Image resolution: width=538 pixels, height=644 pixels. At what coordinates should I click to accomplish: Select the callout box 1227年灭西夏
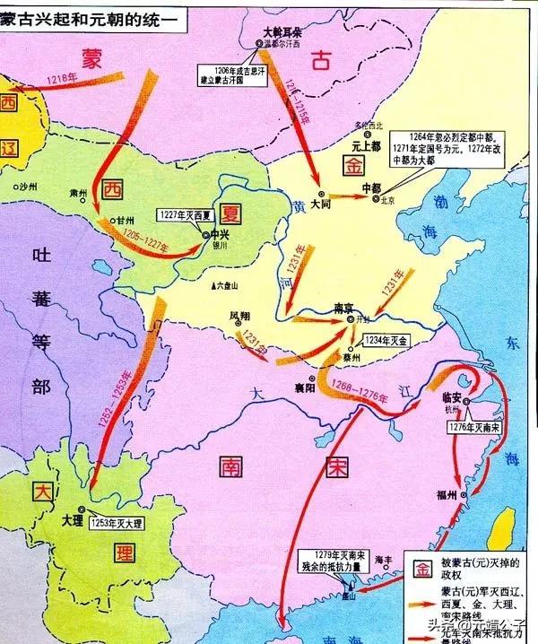coord(183,216)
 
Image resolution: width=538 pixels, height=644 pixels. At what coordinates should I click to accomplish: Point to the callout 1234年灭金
coord(386,342)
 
